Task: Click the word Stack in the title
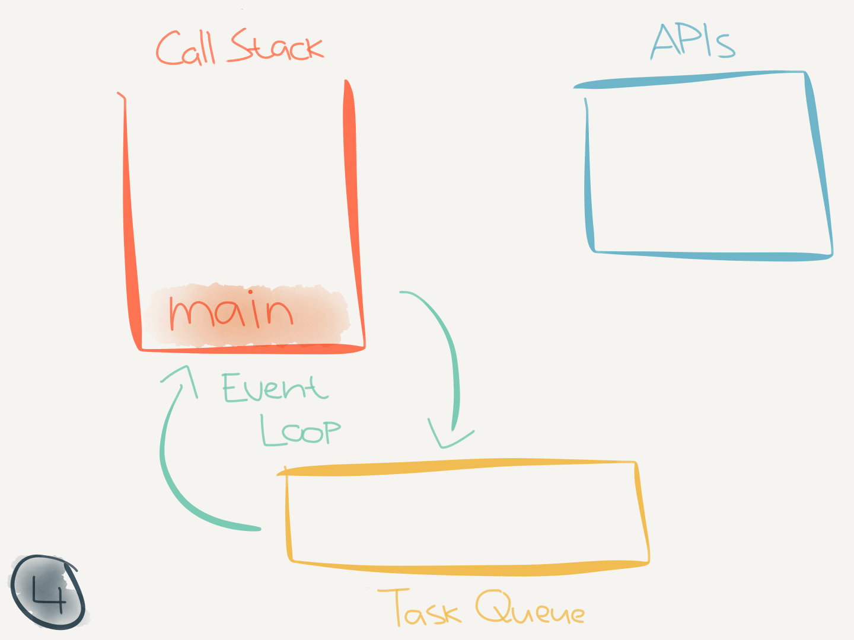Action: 276,46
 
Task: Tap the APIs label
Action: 693,41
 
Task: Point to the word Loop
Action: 301,430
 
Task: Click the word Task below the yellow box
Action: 419,608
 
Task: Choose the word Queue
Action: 530,608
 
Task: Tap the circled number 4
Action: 47,592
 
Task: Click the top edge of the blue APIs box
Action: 688,79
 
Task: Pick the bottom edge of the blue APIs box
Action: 712,256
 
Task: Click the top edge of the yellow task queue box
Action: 457,467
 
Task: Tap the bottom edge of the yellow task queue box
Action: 469,570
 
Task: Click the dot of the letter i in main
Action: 251,292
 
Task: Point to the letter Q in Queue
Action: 492,607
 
